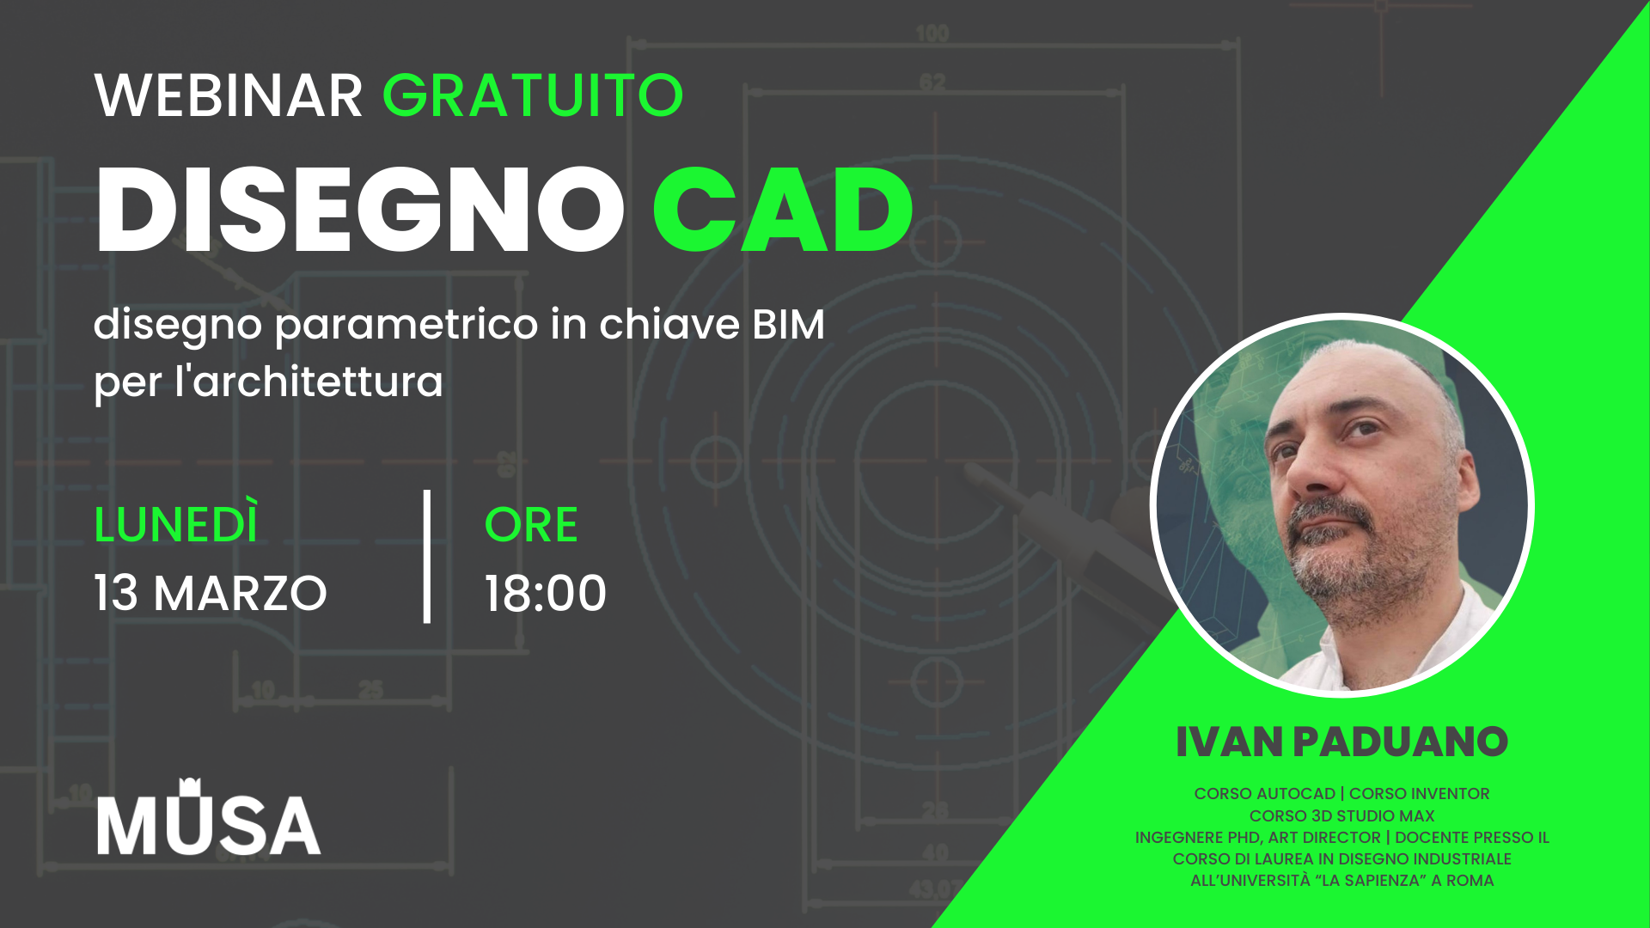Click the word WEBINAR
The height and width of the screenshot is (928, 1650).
point(229,95)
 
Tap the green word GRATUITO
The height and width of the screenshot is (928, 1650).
point(533,95)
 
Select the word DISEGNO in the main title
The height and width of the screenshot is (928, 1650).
point(360,210)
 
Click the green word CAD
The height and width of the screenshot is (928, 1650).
point(783,210)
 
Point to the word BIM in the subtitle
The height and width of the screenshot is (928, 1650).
point(788,325)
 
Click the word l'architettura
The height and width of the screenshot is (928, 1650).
point(309,382)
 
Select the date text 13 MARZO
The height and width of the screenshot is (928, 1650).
point(211,593)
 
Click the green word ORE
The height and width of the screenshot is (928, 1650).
point(531,524)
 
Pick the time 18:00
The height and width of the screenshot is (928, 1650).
point(546,593)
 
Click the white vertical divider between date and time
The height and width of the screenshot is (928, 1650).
point(427,556)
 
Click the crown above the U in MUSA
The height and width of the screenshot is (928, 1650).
point(190,785)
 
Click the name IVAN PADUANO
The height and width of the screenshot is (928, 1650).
point(1341,742)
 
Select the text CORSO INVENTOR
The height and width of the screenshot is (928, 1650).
point(1419,794)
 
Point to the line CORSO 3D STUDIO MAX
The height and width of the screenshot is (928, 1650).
point(1341,815)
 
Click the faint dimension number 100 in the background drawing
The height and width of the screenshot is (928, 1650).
point(932,34)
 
